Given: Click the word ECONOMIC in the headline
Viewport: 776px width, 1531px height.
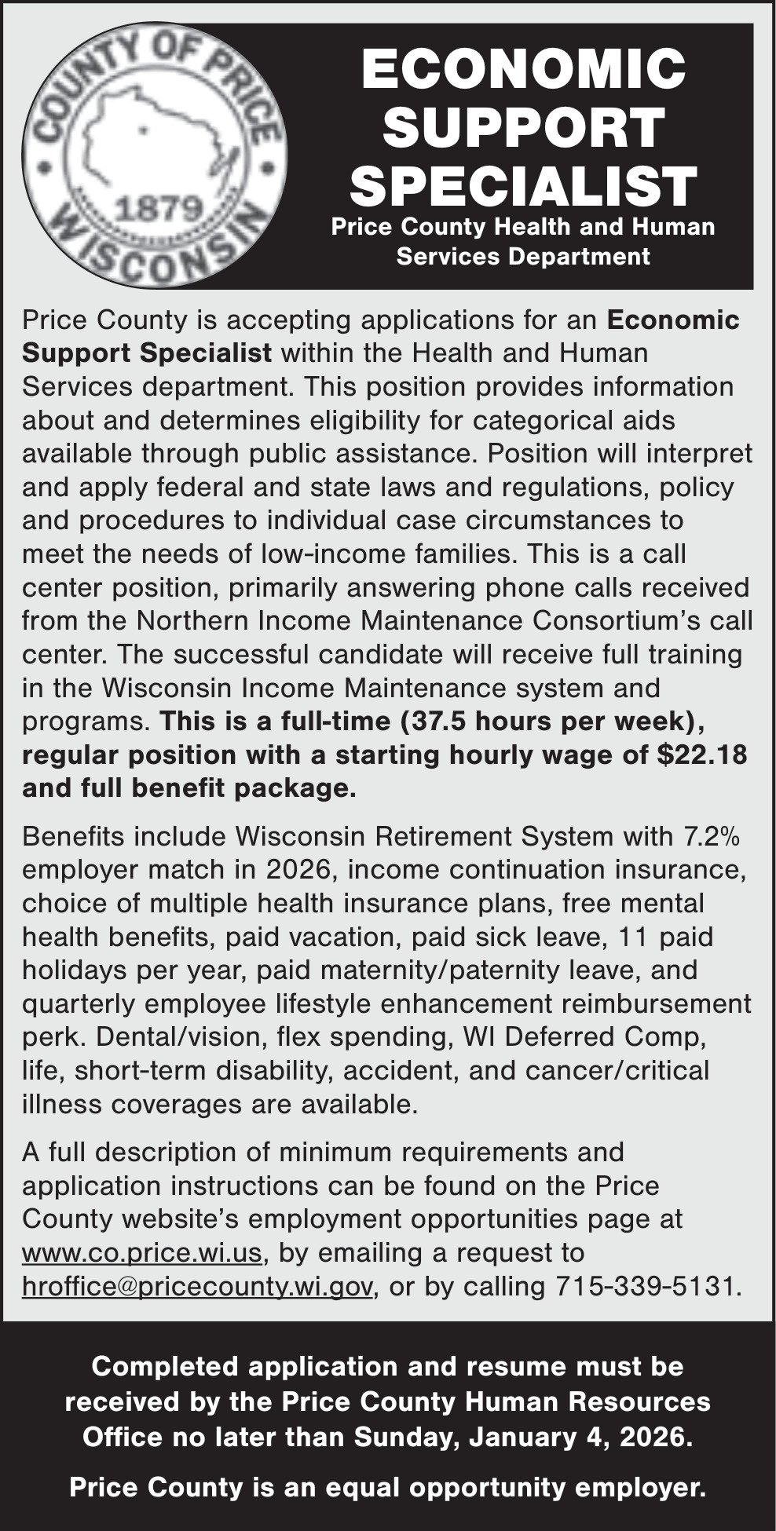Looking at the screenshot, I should coord(523,69).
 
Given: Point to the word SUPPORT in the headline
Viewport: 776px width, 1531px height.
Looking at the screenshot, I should coord(523,127).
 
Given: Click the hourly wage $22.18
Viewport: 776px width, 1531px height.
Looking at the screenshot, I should coord(701,755).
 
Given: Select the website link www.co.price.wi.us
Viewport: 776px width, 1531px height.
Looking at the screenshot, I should coord(141,1252).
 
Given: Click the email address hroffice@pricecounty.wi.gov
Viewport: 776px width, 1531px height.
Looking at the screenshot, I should coord(196,1286).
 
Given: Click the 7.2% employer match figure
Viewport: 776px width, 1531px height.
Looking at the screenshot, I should coord(712,836).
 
